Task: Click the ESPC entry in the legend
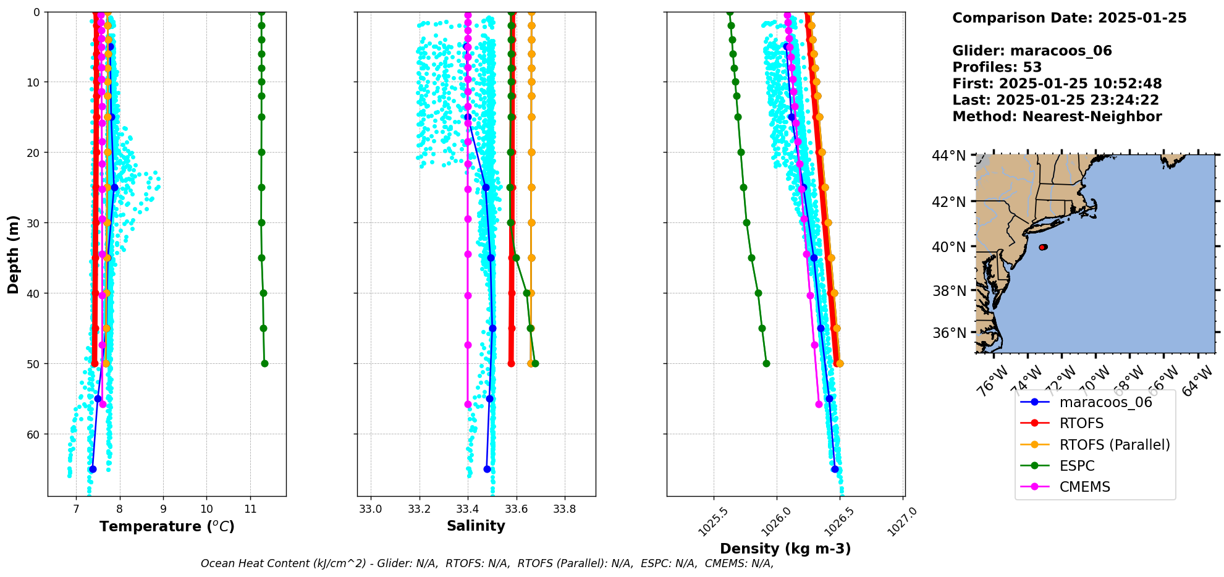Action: coord(1076,466)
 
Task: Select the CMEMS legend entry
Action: coord(1084,487)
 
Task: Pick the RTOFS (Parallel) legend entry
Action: coord(1114,445)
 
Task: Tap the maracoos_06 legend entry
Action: coord(1105,402)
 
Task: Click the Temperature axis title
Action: coord(167,526)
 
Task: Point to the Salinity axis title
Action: coord(476,526)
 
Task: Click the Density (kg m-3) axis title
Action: coord(785,549)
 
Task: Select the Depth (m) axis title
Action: coord(14,254)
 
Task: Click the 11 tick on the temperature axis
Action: coord(250,509)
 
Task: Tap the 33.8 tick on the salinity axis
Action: coord(564,509)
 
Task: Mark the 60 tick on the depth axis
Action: coord(31,434)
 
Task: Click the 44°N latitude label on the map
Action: coord(948,156)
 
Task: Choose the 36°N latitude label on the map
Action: coord(948,333)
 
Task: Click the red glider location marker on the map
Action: coord(1043,247)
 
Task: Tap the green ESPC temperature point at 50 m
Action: coord(264,363)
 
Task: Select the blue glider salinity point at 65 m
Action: coord(487,469)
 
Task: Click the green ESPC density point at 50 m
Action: coord(766,363)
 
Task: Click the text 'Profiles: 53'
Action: coord(997,67)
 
